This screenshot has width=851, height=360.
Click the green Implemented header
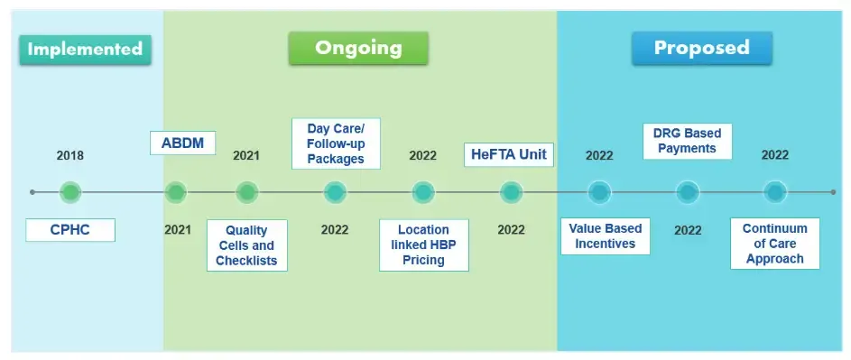(x=85, y=49)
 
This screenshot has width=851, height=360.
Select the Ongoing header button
(x=358, y=48)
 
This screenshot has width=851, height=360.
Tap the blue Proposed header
(x=701, y=48)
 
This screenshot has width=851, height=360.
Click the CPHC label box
(x=70, y=230)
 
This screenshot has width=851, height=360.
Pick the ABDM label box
(x=182, y=143)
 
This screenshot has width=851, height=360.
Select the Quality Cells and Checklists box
(x=246, y=245)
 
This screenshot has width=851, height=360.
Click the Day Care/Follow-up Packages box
(x=335, y=143)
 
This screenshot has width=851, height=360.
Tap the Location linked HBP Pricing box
(x=423, y=245)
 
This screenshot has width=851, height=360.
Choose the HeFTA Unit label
(x=510, y=154)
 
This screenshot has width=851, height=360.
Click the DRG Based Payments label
(x=687, y=141)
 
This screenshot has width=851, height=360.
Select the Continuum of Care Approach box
(x=774, y=244)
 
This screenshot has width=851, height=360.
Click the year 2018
(x=69, y=155)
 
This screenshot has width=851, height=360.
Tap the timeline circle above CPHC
(x=70, y=192)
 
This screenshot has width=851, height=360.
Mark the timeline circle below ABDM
(x=176, y=192)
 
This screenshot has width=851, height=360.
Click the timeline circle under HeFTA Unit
(x=511, y=192)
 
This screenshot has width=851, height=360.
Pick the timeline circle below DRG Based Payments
(x=688, y=192)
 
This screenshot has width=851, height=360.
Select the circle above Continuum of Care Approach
(x=774, y=192)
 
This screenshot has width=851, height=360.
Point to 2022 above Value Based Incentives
(x=599, y=155)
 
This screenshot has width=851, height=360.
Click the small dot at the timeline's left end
(x=32, y=192)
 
